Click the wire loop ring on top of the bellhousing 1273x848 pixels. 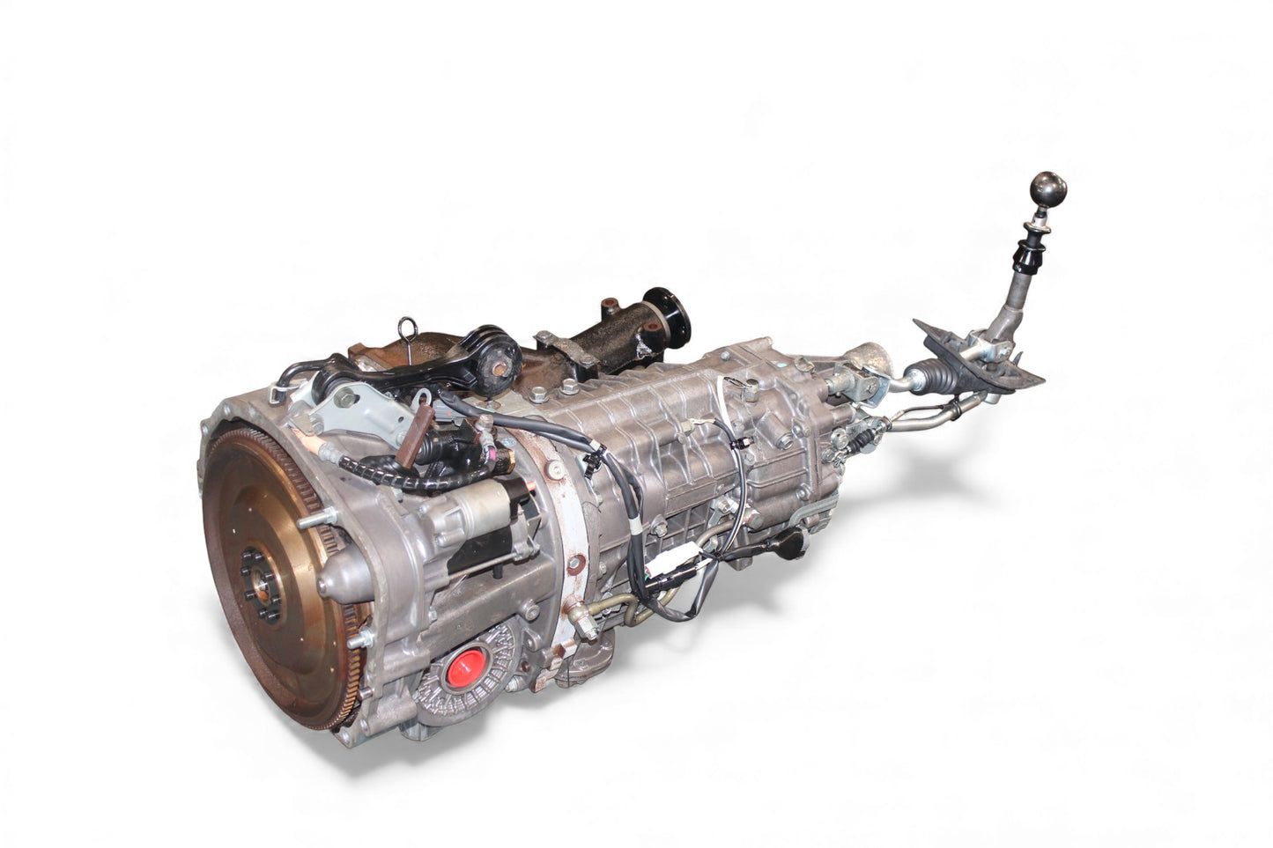point(408,327)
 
